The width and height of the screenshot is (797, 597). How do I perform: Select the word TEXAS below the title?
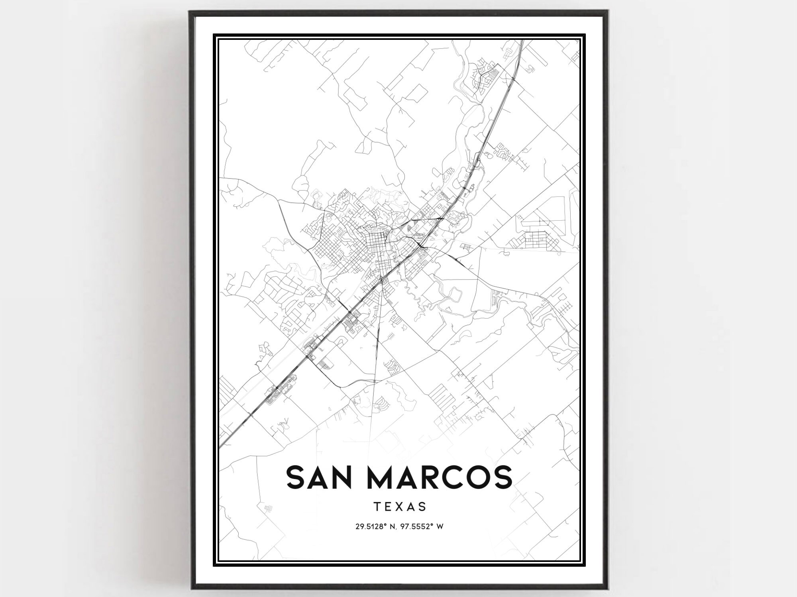[x=400, y=507]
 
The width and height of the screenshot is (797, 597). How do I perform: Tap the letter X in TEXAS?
[x=400, y=507]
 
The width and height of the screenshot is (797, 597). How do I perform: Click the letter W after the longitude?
[x=440, y=526]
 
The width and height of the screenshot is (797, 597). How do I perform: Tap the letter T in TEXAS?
[x=377, y=507]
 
